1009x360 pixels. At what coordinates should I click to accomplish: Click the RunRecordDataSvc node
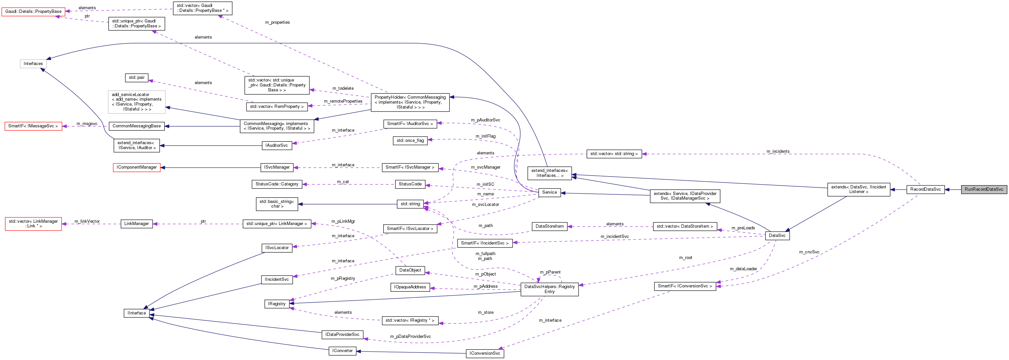[984, 189]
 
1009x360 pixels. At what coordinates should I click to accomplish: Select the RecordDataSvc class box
[925, 189]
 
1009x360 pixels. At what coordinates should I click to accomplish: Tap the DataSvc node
[777, 235]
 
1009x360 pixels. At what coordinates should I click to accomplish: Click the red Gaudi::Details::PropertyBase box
[33, 11]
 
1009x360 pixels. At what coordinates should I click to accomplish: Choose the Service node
[549, 192]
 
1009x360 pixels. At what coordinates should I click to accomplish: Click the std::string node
[410, 204]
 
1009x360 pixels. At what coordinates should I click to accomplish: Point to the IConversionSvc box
[485, 353]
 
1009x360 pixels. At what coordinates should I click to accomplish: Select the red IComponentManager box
[137, 167]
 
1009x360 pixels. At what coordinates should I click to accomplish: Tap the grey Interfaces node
[33, 63]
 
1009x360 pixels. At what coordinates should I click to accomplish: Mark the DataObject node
[410, 270]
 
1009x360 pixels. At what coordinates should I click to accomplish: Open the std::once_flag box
[410, 140]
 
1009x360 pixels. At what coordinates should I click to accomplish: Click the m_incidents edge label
[778, 151]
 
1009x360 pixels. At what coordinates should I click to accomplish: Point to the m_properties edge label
[277, 22]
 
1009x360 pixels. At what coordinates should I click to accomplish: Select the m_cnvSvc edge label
[809, 252]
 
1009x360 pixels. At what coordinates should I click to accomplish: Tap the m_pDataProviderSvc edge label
[410, 337]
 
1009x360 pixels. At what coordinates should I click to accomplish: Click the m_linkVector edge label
[87, 221]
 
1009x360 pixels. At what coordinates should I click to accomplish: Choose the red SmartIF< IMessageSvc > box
[33, 126]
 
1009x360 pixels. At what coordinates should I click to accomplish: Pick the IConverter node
[342, 351]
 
